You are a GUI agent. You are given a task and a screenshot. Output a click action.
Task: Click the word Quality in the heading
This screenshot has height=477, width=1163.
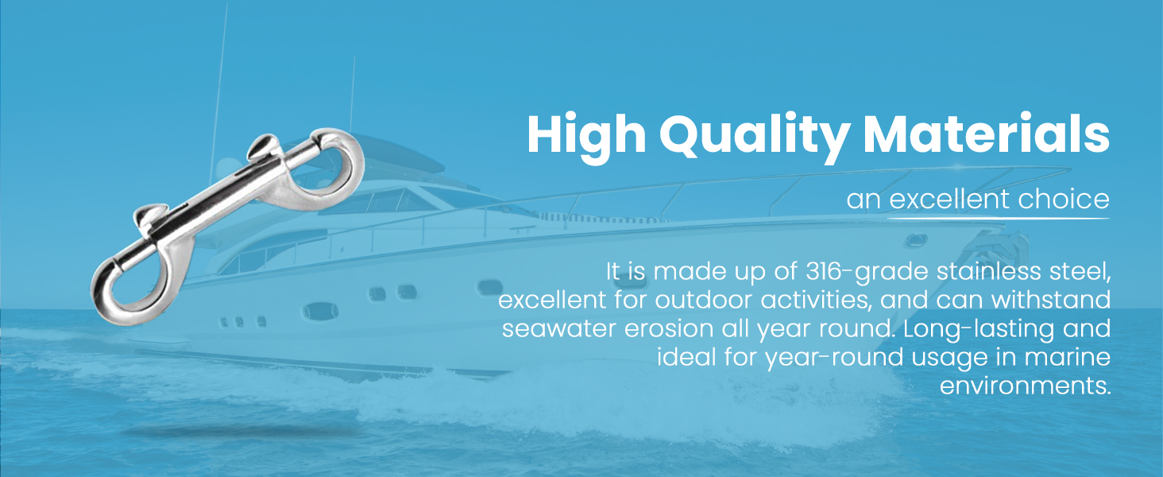coord(754,136)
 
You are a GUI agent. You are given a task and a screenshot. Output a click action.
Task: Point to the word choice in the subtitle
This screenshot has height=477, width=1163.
coord(1064,199)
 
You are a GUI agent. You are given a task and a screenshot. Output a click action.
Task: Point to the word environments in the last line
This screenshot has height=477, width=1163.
coord(1025,386)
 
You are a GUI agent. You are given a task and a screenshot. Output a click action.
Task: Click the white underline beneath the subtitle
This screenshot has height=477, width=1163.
coord(998,218)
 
